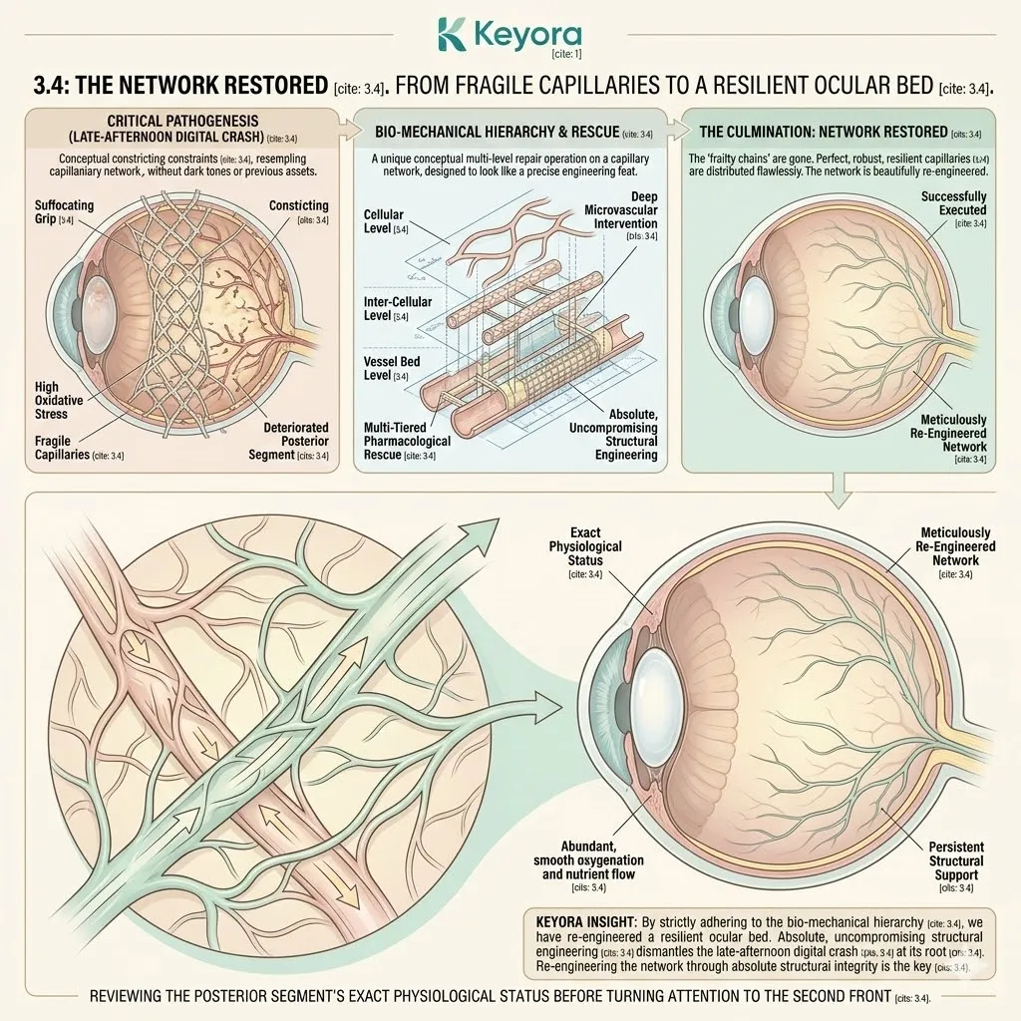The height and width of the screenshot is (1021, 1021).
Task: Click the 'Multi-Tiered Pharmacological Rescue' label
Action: (x=409, y=440)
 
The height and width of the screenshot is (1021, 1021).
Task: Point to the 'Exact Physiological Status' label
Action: (x=585, y=546)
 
